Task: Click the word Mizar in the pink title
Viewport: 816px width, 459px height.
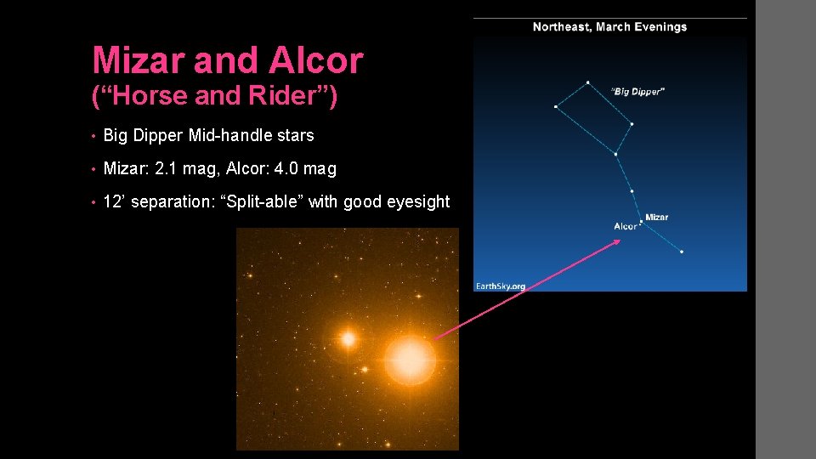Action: tap(139, 60)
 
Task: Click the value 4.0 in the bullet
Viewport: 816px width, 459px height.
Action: tap(287, 169)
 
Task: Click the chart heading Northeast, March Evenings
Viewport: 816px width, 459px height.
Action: tap(609, 27)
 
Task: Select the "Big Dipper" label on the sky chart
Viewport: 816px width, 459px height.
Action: tap(637, 91)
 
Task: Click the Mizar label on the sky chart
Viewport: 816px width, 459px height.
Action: tap(657, 218)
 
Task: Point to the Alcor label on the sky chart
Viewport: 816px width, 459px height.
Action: tap(626, 226)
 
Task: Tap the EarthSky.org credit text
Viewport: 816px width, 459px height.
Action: tap(501, 286)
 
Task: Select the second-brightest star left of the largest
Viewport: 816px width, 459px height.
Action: tap(348, 338)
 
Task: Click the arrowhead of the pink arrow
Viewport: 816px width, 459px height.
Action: tap(619, 241)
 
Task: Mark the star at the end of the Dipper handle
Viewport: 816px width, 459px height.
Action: tap(682, 252)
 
